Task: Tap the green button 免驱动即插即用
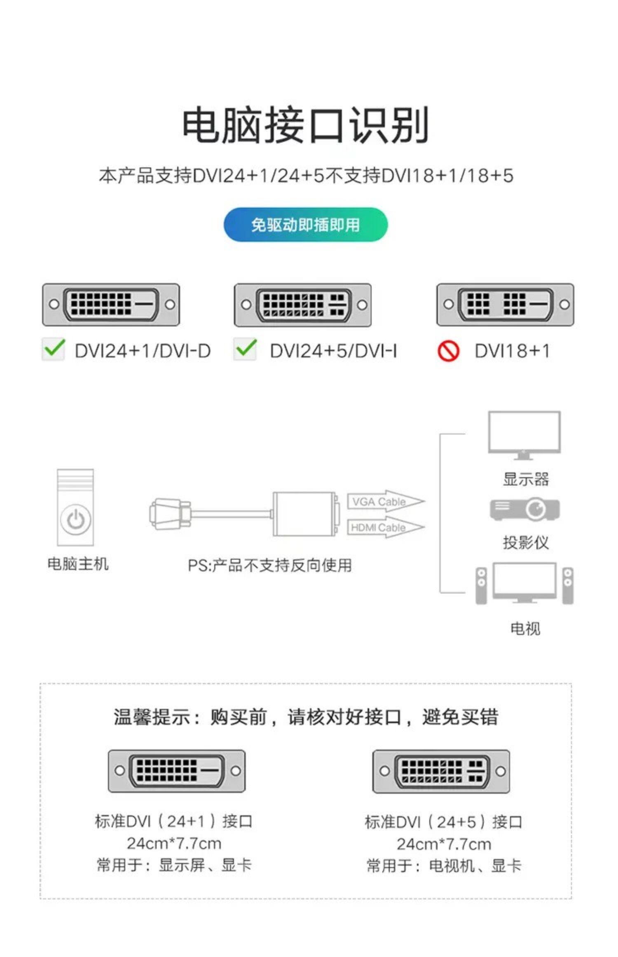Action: coord(306,225)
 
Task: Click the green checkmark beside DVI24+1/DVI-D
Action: coord(54,349)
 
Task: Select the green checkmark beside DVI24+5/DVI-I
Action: coord(245,349)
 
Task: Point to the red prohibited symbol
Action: coord(448,351)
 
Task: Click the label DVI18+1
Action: coord(512,351)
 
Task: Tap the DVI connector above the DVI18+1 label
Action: coord(506,305)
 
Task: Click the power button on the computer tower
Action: coord(75,519)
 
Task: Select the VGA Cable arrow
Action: coord(385,501)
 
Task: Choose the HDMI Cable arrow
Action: coord(385,527)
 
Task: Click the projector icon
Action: coord(524,509)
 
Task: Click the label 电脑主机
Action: coord(78,563)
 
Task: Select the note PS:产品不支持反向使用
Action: coord(270,565)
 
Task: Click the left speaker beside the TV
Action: coord(481,585)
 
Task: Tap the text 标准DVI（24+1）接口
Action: coord(173,821)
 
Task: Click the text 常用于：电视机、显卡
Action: coord(444,866)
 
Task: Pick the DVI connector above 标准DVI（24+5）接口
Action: coord(441,771)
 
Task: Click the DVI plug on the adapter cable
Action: coord(169,514)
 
